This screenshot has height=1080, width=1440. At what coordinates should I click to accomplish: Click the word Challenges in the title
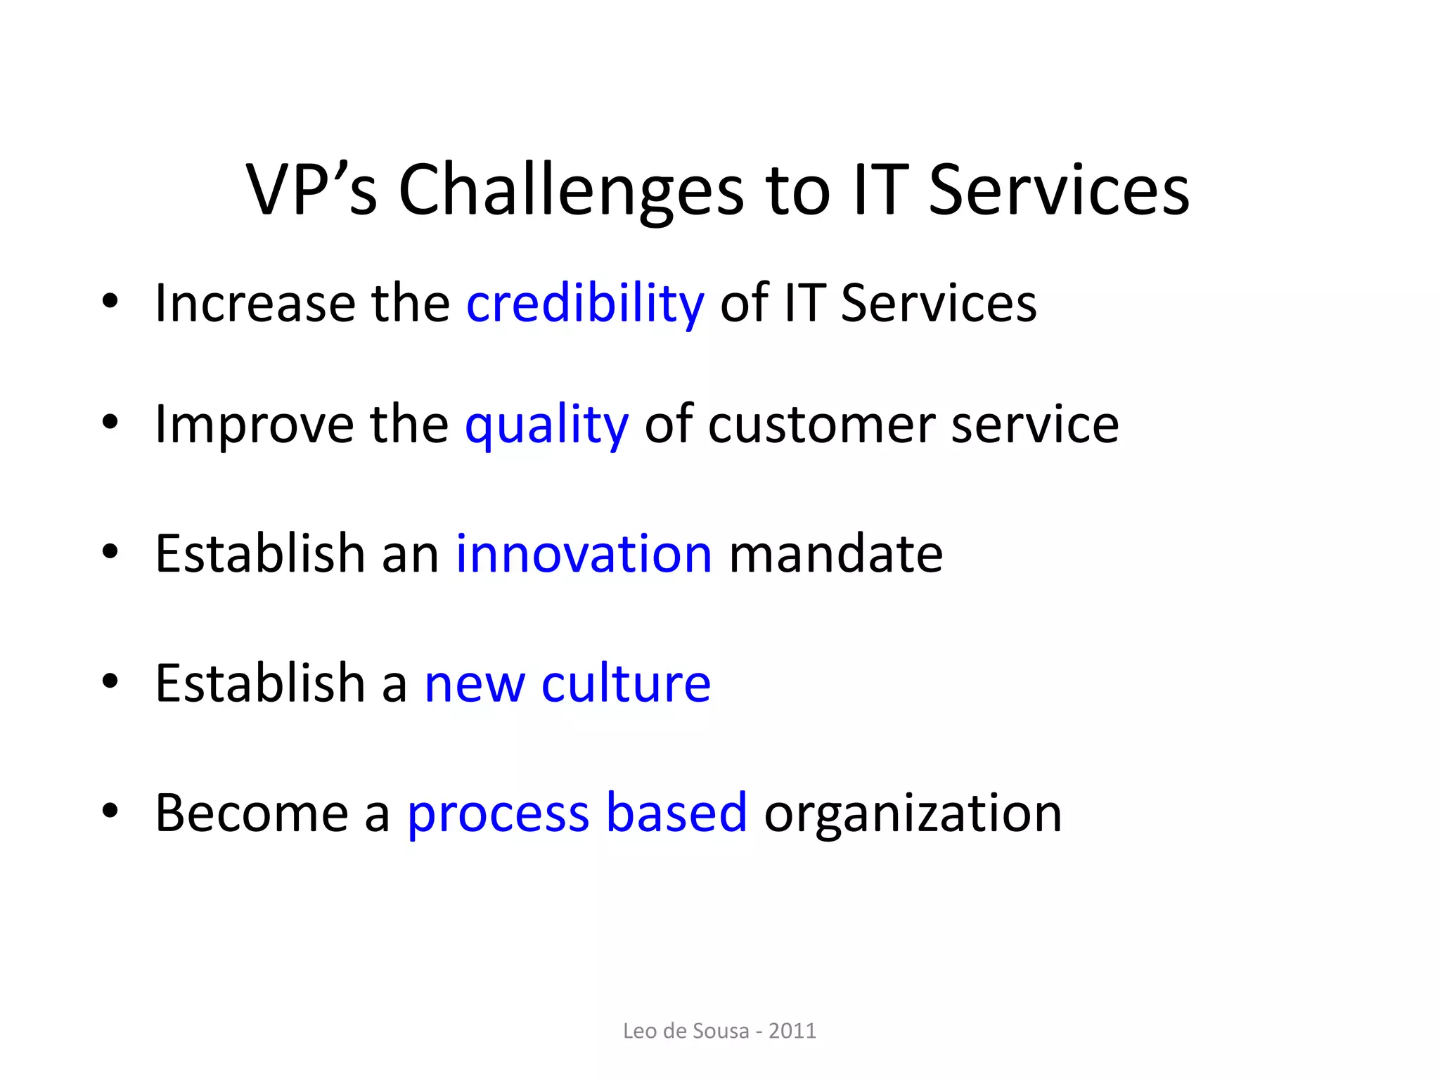(571, 190)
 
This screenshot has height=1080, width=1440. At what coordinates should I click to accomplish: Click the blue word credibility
(585, 304)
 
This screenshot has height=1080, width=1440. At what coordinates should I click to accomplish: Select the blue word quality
(546, 425)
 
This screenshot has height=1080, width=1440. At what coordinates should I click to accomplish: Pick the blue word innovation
(584, 554)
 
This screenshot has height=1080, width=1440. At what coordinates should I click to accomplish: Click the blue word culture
(626, 683)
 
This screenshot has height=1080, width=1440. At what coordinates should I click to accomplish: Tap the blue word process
(498, 814)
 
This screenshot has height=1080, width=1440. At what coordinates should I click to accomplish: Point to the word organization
(913, 814)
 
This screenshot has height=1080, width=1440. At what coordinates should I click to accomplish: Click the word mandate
(836, 554)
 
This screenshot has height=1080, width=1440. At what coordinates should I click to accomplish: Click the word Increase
(255, 304)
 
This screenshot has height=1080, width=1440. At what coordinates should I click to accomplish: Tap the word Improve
(255, 425)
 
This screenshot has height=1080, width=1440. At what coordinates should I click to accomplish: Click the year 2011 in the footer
(792, 1031)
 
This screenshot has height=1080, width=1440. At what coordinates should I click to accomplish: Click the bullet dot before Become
(110, 811)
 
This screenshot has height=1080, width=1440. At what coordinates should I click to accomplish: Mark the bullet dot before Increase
(110, 301)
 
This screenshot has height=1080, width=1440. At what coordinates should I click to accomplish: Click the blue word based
(676, 814)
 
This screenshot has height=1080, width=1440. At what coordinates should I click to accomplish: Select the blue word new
(475, 683)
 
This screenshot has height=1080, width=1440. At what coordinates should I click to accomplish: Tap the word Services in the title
(1059, 190)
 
